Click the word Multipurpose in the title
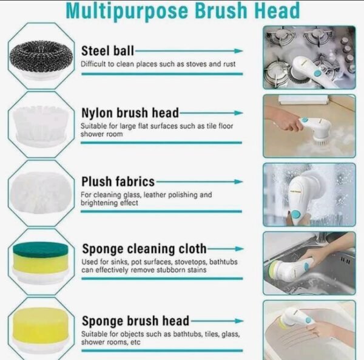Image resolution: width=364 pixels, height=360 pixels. click(127, 11)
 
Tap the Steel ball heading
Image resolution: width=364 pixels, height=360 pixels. click(108, 50)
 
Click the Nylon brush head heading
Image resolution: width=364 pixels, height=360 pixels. click(130, 113)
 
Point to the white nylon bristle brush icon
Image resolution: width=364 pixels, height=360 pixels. click(41, 126)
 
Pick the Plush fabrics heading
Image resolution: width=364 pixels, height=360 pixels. click(118, 182)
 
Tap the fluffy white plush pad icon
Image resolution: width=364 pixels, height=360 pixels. click(41, 193)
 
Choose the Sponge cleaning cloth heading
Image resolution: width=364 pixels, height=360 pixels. click(144, 249)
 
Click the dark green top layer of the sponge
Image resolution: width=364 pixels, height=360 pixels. click(41, 250)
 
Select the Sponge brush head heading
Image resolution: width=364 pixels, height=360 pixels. click(135, 321)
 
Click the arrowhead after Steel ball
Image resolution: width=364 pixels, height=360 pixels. click(238, 51)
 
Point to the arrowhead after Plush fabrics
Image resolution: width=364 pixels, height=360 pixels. click(238, 182)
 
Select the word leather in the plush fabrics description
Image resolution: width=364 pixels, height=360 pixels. click(155, 195)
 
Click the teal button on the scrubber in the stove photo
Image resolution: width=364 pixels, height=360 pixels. click(317, 74)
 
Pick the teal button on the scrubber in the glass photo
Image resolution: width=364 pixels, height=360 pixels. click(296, 214)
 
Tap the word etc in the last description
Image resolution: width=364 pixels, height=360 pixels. click(135, 342)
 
